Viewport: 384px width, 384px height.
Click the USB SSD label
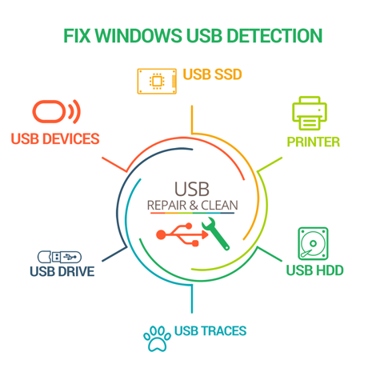point(212,74)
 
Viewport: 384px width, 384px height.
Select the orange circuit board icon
point(157,82)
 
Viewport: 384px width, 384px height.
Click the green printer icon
point(310,113)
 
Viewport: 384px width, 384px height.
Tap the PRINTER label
point(314,142)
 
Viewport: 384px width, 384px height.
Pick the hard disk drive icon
point(313,244)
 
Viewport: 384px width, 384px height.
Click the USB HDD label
point(314,270)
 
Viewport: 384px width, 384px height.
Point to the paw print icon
point(157,338)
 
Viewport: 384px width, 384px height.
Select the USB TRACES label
point(210,331)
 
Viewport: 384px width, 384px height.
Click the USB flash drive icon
point(59,257)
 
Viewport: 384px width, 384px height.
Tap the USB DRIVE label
point(62,271)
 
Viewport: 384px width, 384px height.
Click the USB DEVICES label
point(55,139)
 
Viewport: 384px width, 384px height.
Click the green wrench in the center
point(215,234)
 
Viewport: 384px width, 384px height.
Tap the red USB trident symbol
point(182,234)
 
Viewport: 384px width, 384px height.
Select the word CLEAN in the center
point(219,206)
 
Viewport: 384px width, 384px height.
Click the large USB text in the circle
point(192,190)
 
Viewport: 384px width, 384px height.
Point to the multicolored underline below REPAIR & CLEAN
point(193,213)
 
